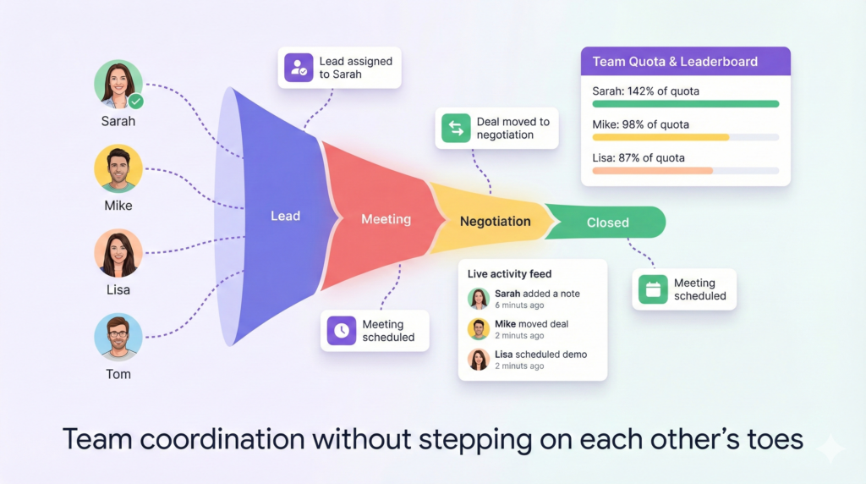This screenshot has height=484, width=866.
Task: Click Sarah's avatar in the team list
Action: coord(118,84)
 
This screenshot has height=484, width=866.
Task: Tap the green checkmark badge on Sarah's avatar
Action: coord(136,102)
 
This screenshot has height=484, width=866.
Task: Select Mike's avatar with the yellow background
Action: coord(118,168)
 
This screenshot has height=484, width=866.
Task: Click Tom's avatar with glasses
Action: coord(118,337)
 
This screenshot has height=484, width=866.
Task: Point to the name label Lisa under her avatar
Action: coord(118,290)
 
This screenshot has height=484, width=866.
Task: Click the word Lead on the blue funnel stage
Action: coord(286,216)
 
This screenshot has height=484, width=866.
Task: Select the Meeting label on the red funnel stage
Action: coord(386,219)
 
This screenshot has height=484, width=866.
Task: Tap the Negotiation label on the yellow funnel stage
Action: coord(496,222)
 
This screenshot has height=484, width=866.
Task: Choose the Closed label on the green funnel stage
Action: coord(607,223)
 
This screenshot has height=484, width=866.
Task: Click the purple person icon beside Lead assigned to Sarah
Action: coord(299,68)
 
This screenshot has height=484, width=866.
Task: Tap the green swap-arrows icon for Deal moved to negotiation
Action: coord(456,128)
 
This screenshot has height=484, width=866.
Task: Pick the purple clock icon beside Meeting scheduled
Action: coord(342,330)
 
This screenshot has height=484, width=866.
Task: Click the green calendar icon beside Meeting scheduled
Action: coord(653,289)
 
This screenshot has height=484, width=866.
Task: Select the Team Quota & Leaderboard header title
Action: coord(675,61)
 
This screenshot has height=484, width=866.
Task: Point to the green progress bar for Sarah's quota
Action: coord(685,104)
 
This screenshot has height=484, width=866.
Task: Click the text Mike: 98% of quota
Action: coord(641,125)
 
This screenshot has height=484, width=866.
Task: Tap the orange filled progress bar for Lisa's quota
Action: coord(652,171)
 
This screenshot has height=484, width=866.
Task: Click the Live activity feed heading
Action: coord(509,274)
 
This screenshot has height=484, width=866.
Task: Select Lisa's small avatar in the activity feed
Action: coord(479,360)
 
